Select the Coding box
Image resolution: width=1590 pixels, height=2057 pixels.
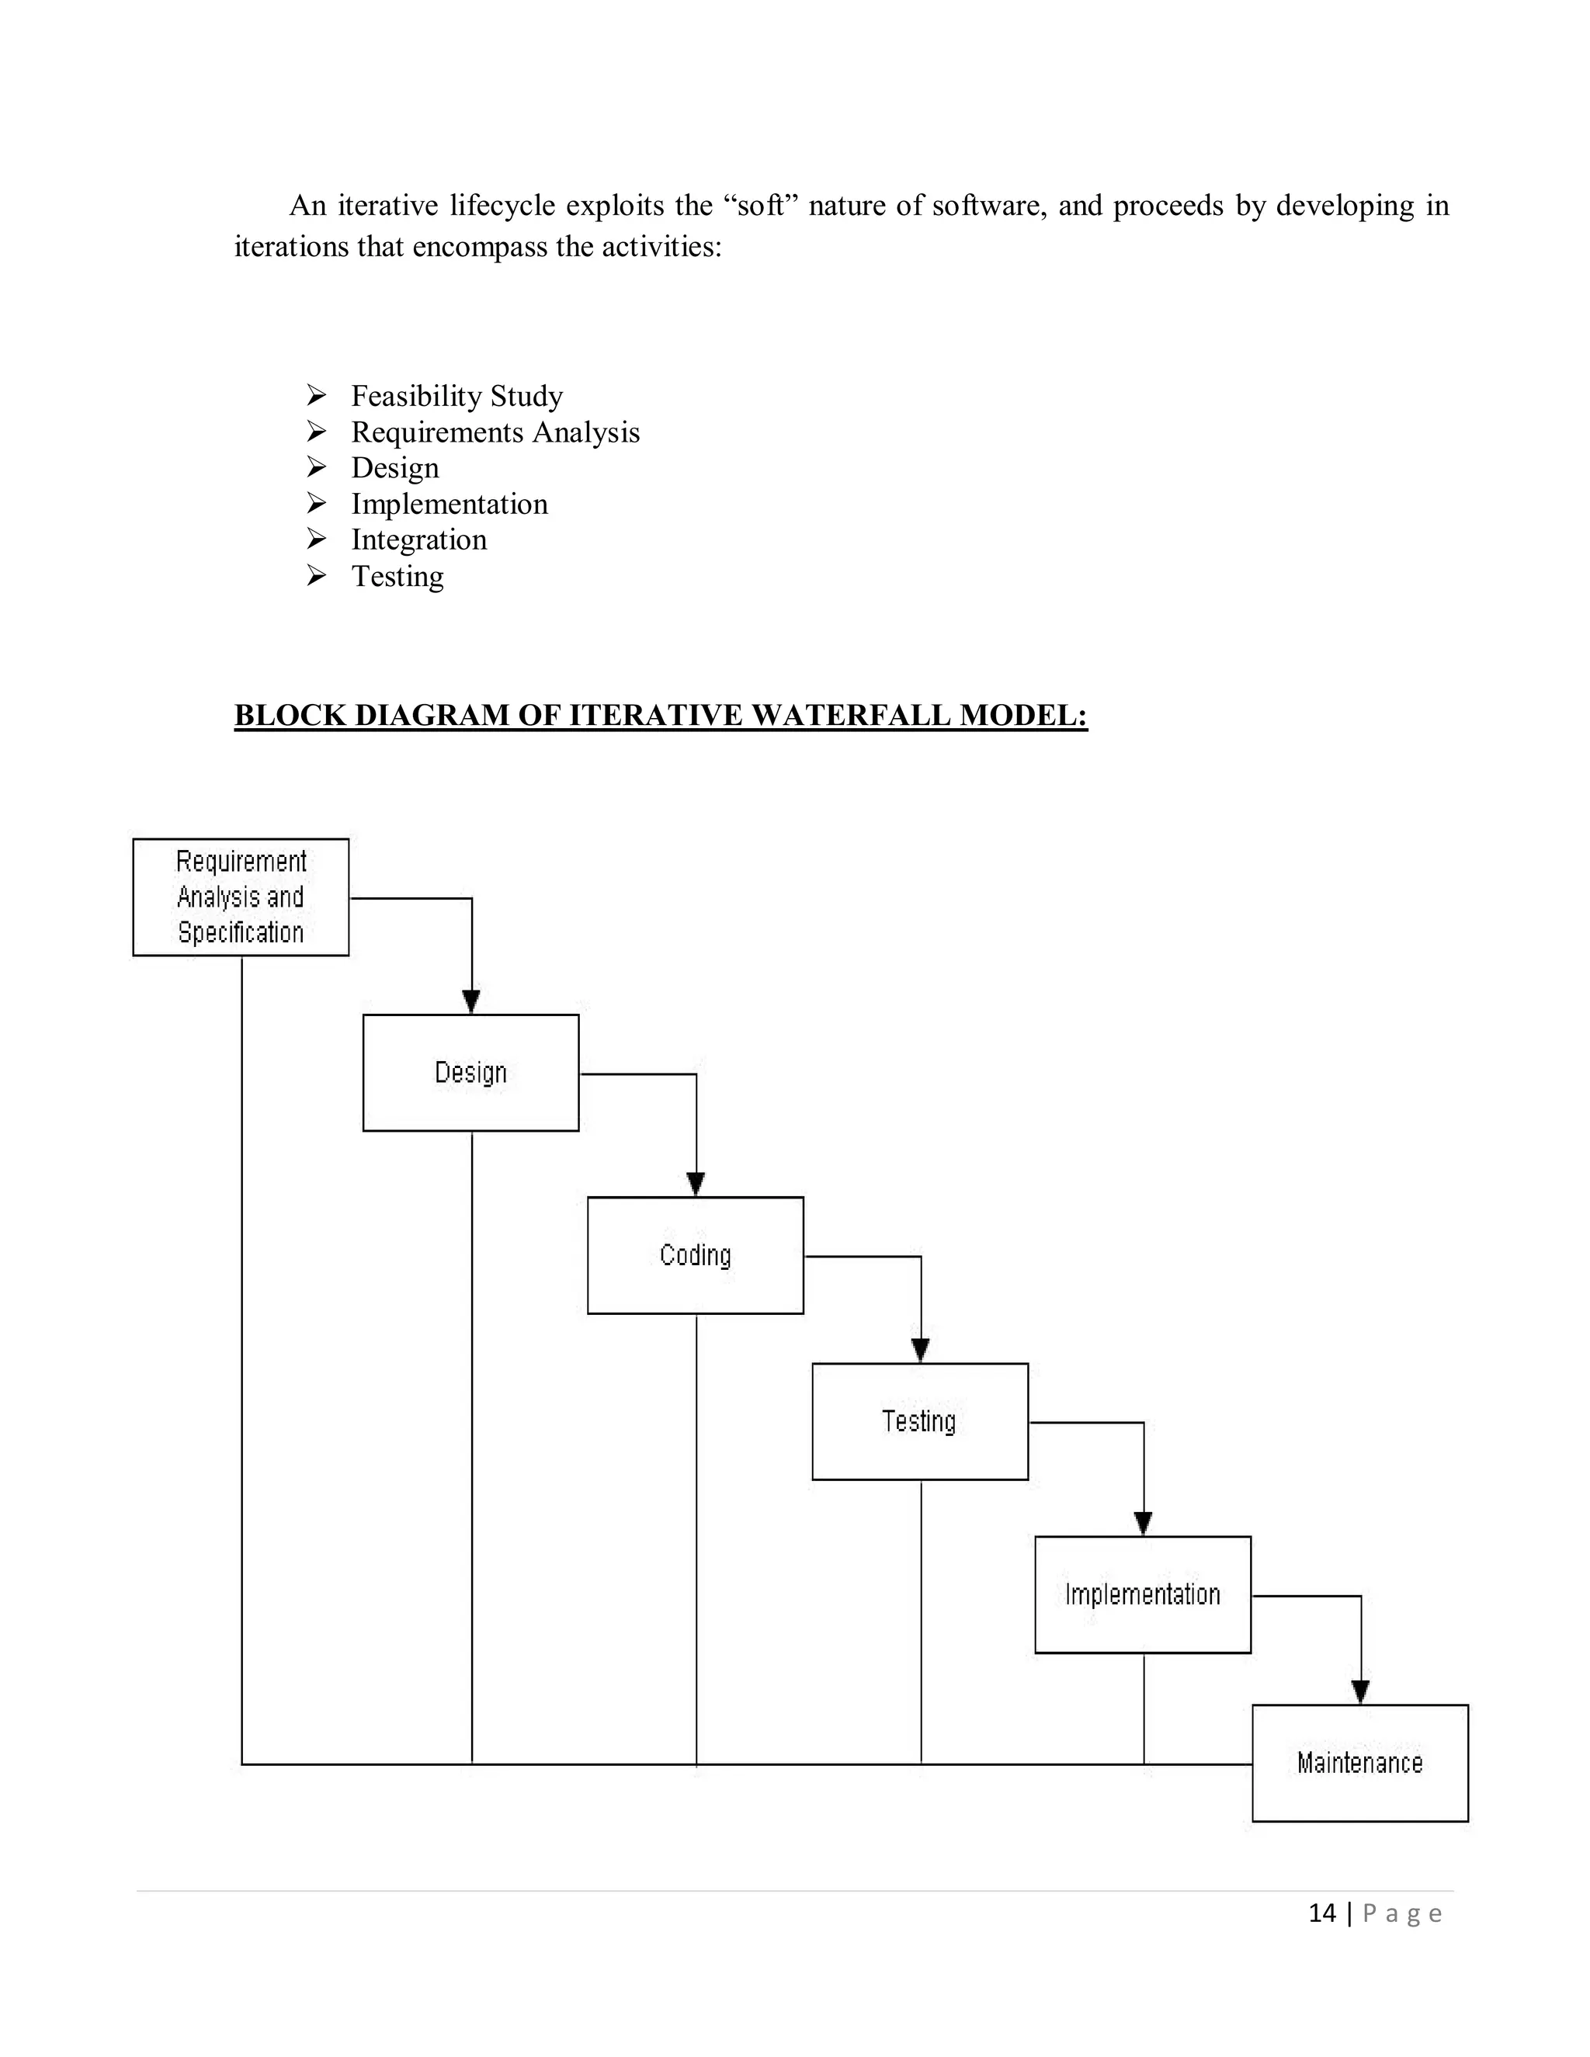pos(695,1254)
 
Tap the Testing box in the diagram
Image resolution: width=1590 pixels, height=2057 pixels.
pos(919,1420)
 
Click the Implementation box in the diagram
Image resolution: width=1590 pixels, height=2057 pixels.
pos(1143,1594)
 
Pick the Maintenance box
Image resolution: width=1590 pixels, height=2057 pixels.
pos(1359,1762)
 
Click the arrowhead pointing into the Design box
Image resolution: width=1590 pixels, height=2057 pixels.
pos(471,1001)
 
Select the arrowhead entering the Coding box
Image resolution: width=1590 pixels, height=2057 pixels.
pos(695,1184)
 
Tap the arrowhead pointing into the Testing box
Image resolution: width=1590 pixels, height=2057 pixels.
pos(920,1350)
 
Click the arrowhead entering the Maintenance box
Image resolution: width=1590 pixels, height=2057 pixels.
pos(1360,1691)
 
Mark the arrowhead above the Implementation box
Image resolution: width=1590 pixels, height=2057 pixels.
pos(1143,1523)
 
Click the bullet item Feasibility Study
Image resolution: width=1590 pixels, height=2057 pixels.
pos(457,396)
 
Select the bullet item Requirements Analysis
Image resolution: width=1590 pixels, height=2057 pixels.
pos(495,432)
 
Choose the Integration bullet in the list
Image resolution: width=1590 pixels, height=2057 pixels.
pos(419,539)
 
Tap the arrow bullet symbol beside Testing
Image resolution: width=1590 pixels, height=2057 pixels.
pos(317,575)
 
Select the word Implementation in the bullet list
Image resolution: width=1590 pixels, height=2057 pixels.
pos(450,504)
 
